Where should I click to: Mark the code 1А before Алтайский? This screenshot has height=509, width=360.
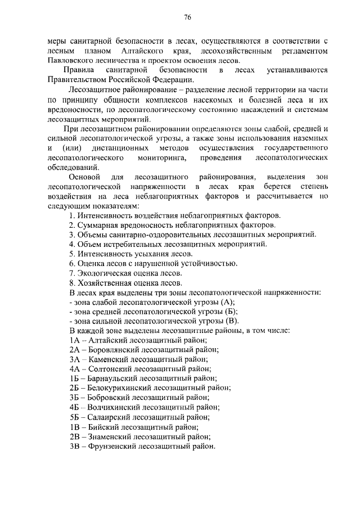74,341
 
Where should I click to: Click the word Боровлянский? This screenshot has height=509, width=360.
114,350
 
